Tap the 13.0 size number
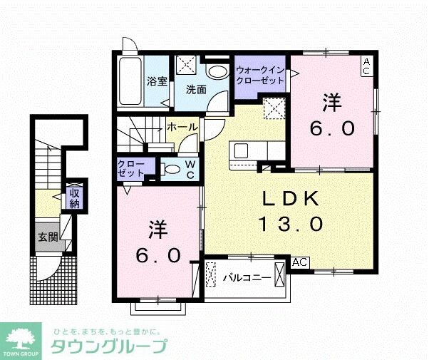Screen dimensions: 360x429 click(x=290, y=224)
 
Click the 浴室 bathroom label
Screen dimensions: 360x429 click(x=157, y=81)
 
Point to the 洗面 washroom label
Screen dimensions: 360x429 click(x=196, y=89)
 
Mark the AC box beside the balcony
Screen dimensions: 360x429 click(x=300, y=262)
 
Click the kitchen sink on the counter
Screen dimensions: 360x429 click(x=239, y=151)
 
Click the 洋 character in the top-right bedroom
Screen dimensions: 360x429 click(x=331, y=103)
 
